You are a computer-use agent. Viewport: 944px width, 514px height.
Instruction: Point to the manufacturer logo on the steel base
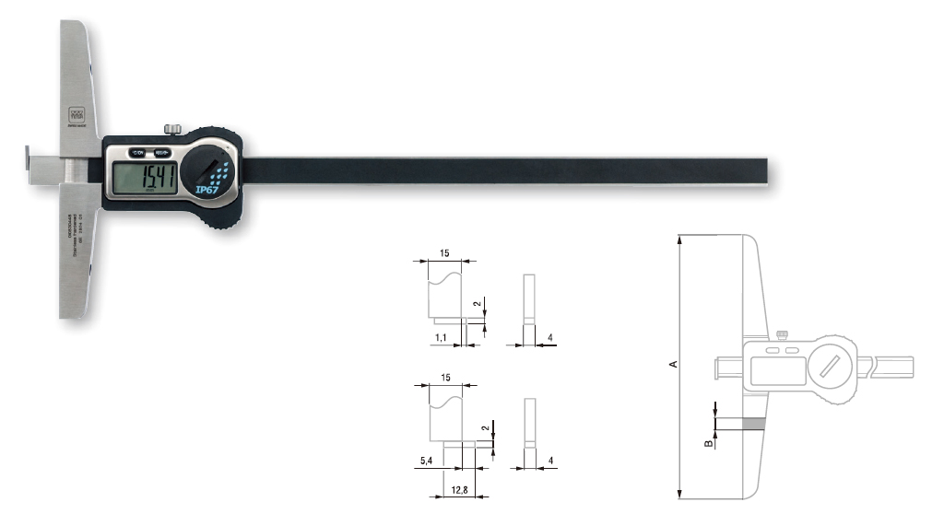pyautogui.click(x=77, y=117)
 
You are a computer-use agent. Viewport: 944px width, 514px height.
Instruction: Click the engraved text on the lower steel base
pyautogui.click(x=77, y=240)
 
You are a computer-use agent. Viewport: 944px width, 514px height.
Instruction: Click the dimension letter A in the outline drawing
pyautogui.click(x=673, y=365)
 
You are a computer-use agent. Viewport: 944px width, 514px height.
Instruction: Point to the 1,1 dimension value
pyautogui.click(x=441, y=339)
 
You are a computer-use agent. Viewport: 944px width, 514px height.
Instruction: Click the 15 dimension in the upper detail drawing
pyautogui.click(x=446, y=252)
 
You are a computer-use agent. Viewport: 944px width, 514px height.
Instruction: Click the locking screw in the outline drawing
pyautogui.click(x=783, y=334)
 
